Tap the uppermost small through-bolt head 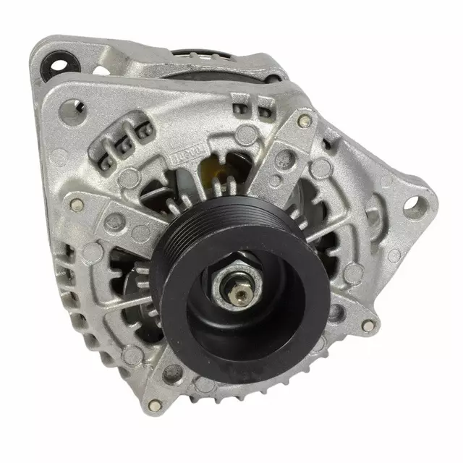coord(304,120)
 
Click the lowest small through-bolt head coord(153,403)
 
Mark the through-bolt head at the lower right coord(368,326)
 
